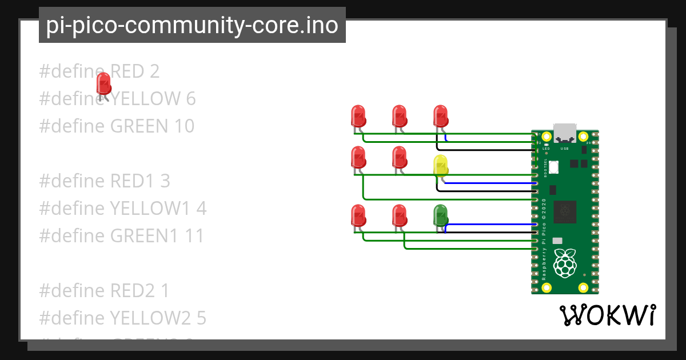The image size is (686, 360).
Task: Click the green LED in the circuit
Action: (x=440, y=215)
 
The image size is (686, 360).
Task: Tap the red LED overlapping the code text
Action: (x=103, y=83)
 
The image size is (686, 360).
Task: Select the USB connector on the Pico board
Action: (x=564, y=133)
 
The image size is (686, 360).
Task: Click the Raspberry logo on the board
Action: (x=565, y=263)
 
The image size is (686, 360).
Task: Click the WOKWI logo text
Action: (x=607, y=315)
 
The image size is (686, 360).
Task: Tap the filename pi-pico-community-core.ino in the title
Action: (x=192, y=25)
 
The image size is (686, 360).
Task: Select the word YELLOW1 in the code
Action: (x=149, y=208)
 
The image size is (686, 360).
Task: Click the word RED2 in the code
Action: (x=131, y=290)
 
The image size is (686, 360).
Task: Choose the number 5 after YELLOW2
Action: (x=201, y=318)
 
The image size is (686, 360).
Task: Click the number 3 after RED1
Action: (x=165, y=181)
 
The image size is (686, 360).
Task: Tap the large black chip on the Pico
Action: (x=565, y=212)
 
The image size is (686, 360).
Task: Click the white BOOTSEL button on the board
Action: (x=554, y=166)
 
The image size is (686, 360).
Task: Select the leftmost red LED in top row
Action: (x=358, y=115)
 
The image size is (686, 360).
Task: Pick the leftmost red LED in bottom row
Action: (x=358, y=215)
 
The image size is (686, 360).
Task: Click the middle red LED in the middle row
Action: (x=399, y=157)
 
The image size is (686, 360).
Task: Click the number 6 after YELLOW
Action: (x=191, y=98)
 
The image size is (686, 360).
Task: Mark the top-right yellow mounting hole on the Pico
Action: (x=583, y=137)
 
